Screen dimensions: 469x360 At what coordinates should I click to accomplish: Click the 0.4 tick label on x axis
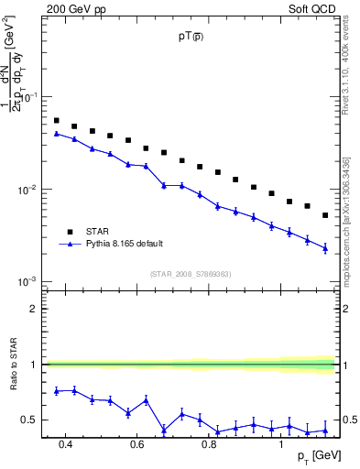65,444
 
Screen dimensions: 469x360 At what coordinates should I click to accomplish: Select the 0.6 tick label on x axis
136,444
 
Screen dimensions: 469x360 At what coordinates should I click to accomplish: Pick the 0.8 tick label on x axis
209,444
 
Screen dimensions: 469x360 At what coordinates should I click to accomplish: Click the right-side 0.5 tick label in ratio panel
349,420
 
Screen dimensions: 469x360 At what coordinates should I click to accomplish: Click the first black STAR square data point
56,120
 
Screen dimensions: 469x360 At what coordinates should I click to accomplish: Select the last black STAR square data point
325,215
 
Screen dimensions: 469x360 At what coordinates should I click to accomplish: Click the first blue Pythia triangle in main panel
56,133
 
